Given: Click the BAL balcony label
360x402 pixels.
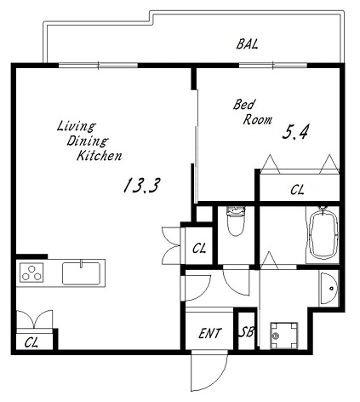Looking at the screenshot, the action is (x=247, y=44).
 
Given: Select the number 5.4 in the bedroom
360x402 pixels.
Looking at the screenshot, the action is (x=295, y=132).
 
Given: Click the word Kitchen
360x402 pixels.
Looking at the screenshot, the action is (x=100, y=156).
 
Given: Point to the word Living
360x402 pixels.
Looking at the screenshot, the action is (x=76, y=126).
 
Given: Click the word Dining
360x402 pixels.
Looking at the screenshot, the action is (x=88, y=141).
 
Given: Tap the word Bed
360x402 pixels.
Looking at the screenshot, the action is (x=243, y=105).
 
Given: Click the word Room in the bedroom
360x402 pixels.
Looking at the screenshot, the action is (x=258, y=119).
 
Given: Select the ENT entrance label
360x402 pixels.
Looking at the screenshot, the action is (x=209, y=333).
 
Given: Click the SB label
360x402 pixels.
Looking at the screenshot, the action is (x=246, y=331).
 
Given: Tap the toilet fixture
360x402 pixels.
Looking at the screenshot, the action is (x=236, y=221).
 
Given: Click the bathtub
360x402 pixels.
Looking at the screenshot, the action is (x=323, y=235).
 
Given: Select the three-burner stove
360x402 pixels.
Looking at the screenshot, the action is (x=31, y=273).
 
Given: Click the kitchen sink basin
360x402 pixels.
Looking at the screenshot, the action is (x=81, y=273).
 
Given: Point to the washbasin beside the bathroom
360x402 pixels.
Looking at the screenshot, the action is (x=329, y=288).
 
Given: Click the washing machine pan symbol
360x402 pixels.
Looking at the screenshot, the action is (x=284, y=336).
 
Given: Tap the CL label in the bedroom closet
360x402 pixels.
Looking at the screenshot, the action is (x=297, y=190).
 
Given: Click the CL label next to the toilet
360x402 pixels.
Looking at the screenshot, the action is (x=199, y=249).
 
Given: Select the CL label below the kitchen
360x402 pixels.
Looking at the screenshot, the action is (x=31, y=342).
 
